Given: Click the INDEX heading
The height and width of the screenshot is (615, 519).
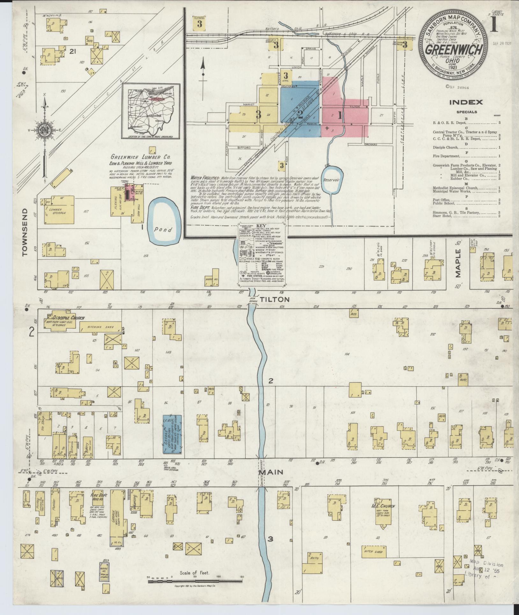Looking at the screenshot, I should pos(466,102).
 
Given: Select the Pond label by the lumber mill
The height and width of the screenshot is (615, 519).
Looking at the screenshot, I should pos(164,230).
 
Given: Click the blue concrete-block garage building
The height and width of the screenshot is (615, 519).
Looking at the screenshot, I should pos(172,434).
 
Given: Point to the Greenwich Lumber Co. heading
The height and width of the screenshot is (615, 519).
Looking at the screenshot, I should pos(140,157).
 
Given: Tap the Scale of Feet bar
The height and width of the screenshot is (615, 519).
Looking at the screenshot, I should pos(195,581).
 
